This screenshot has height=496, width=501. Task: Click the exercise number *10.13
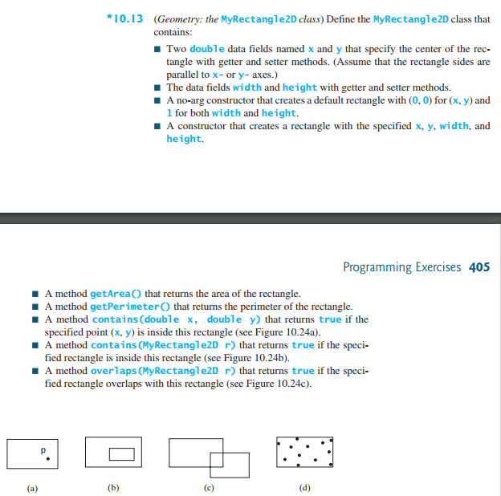[x=125, y=18]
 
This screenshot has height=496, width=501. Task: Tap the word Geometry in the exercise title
[x=177, y=18]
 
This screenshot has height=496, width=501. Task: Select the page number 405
[x=479, y=267]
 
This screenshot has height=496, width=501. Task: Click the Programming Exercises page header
[x=402, y=267]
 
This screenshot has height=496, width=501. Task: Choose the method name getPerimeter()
[x=131, y=307]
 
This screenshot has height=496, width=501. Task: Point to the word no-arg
[x=191, y=100]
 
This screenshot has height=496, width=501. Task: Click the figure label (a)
[x=31, y=487]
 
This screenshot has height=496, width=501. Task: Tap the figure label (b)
[x=112, y=487]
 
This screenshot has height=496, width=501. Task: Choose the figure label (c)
[x=209, y=487]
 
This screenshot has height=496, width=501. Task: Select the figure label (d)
[x=303, y=487]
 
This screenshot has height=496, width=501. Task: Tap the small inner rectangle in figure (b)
[x=121, y=454]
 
